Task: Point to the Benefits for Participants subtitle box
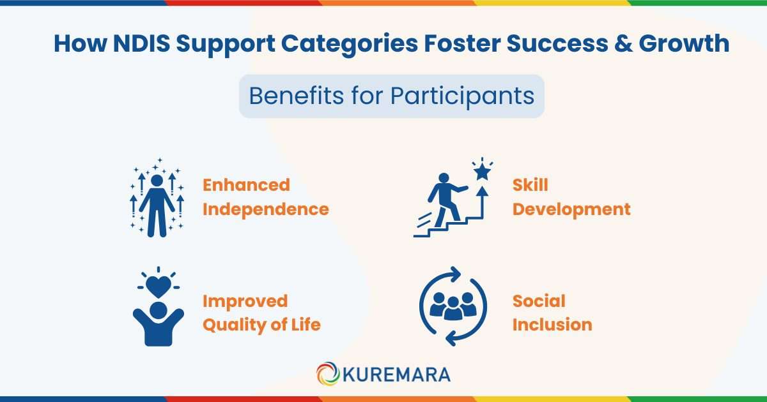tap(391, 96)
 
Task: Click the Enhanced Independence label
tap(265, 197)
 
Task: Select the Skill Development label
tap(571, 197)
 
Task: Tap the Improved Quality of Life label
tap(261, 313)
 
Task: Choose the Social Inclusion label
tap(552, 313)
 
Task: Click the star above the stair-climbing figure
tap(482, 171)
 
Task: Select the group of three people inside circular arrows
tap(453, 306)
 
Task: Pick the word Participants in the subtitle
tap(463, 96)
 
